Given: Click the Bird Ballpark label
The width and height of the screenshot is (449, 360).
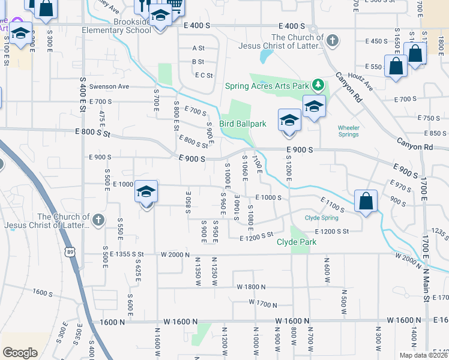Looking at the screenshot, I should click(243, 124).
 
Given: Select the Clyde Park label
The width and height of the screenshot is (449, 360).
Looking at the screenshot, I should click(297, 242).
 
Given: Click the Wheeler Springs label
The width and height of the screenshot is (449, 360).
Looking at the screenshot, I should click(349, 131).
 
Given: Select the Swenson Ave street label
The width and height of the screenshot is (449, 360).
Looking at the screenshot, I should click(109, 86).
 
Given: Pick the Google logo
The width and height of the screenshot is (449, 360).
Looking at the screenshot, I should click(20, 353).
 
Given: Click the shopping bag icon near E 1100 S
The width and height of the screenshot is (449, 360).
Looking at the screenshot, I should click(366, 202).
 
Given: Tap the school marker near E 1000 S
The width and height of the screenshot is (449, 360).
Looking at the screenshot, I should click(146, 192).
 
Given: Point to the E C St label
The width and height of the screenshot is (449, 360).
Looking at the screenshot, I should click(204, 75).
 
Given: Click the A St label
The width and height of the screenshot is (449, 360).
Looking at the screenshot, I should click(198, 48).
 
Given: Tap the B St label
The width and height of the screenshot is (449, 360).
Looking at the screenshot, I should click(198, 62).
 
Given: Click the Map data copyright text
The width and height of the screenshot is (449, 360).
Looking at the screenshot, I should click(423, 355).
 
